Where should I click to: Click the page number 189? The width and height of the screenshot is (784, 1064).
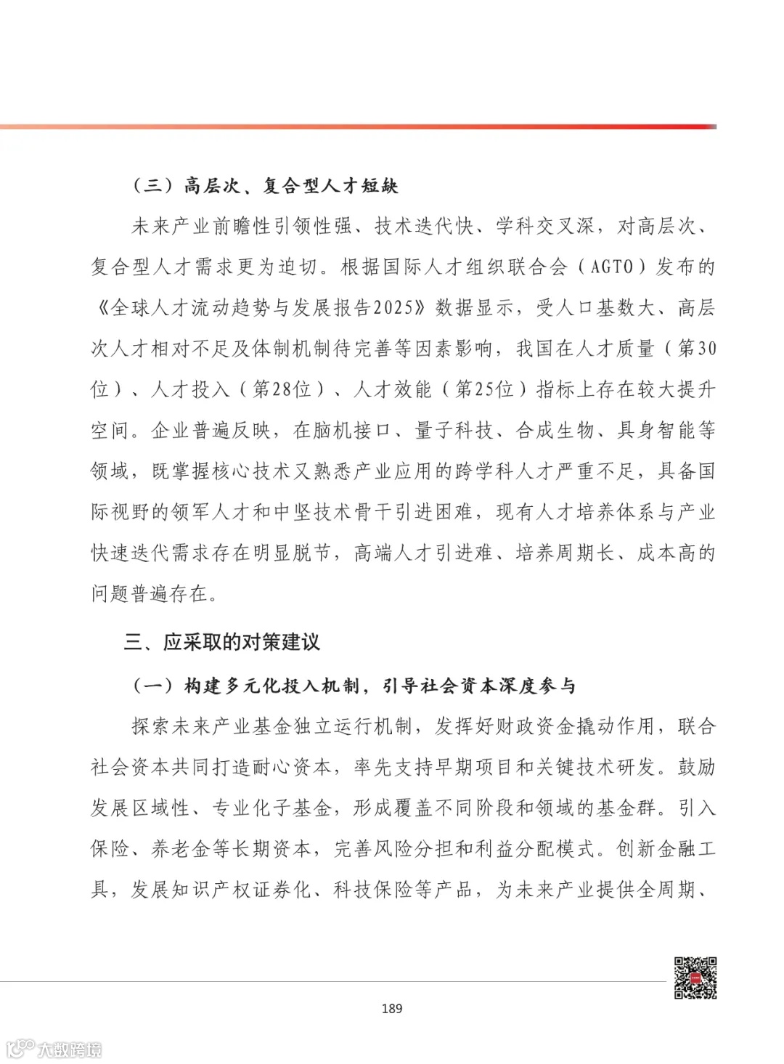pos(391,1008)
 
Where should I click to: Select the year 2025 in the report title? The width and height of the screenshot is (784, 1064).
pos(399,308)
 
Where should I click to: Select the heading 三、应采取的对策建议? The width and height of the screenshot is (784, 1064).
pos(221,642)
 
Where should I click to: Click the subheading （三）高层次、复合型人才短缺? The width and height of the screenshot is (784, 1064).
pos(265,187)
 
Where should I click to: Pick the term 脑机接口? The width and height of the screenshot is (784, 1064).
pos(353,431)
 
